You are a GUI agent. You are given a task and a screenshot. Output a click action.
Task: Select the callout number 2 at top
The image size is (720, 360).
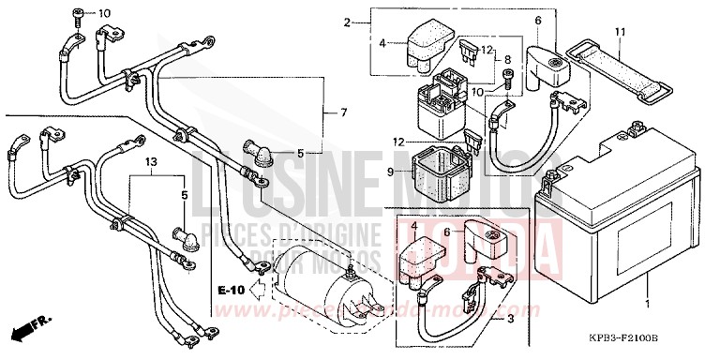(347, 22)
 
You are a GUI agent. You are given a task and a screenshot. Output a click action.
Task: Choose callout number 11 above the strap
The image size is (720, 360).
(619, 33)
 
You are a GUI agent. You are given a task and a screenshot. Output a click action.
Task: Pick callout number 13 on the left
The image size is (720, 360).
(149, 162)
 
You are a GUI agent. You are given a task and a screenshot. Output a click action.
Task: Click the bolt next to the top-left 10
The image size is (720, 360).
(77, 13)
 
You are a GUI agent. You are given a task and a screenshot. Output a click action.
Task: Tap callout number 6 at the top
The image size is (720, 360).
(538, 21)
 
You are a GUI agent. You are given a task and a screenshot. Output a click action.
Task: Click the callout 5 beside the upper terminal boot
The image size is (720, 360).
(300, 153)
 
